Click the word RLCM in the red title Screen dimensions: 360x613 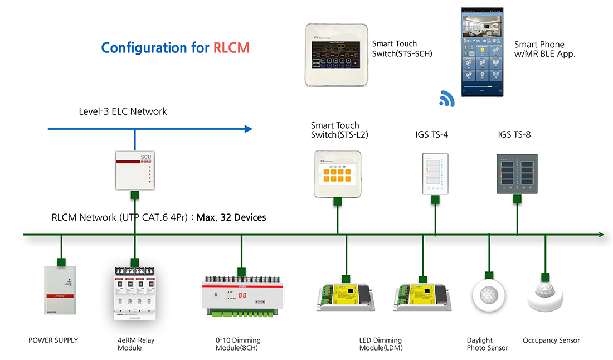pyautogui.click(x=231, y=48)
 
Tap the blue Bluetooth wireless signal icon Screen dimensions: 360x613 pyautogui.click(x=447, y=99)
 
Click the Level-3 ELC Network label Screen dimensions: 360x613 pyautogui.click(x=123, y=111)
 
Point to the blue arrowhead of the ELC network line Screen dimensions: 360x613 pyautogui.click(x=248, y=129)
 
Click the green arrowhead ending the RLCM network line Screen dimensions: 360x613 pyautogui.click(x=601, y=235)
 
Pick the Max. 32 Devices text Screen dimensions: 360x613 pyautogui.click(x=231, y=217)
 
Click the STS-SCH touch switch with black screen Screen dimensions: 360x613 pyautogui.click(x=336, y=54)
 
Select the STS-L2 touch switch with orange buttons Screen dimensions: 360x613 pyautogui.click(x=337, y=173)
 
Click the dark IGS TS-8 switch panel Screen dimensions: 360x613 pyautogui.click(x=517, y=173)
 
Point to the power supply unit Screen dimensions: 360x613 pyautogui.click(x=61, y=290)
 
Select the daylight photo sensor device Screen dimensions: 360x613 pyautogui.click(x=489, y=294)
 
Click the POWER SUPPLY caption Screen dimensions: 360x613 pyautogui.click(x=53, y=340)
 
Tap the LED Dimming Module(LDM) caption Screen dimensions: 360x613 pyautogui.click(x=381, y=344)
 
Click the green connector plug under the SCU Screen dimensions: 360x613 pyautogui.click(x=134, y=195)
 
